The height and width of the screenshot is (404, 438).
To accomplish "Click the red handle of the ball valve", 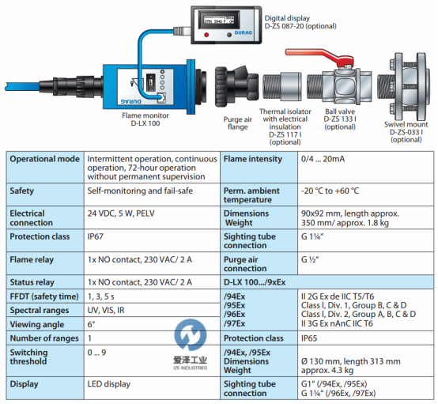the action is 319,57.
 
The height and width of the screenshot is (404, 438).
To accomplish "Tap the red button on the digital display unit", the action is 206,35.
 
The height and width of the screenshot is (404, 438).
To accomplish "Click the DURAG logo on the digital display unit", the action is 243,32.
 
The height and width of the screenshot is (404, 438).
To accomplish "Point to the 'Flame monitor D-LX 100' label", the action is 145,119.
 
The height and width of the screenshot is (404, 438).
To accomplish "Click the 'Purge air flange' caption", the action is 238,123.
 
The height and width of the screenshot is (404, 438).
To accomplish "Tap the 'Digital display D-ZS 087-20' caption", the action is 300,22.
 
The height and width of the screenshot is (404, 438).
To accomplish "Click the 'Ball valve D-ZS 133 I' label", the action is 340,119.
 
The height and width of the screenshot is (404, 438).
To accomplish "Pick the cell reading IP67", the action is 95,236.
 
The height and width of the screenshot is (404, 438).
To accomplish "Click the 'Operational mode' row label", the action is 45,159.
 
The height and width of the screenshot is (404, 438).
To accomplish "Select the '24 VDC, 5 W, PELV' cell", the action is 121,213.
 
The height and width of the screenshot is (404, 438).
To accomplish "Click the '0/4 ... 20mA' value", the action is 323,159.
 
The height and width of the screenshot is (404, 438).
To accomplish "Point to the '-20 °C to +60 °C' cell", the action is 330,191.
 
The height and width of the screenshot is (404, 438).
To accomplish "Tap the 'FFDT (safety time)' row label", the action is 44,296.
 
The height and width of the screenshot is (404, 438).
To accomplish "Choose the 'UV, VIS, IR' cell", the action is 106,310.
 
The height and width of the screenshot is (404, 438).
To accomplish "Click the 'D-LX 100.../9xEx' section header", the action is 255,282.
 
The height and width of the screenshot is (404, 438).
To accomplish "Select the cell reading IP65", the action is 309,338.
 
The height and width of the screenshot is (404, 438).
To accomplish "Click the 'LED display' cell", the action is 109,384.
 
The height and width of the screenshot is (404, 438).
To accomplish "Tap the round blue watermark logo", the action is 191,334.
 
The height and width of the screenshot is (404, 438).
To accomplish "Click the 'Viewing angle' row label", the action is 37,324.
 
